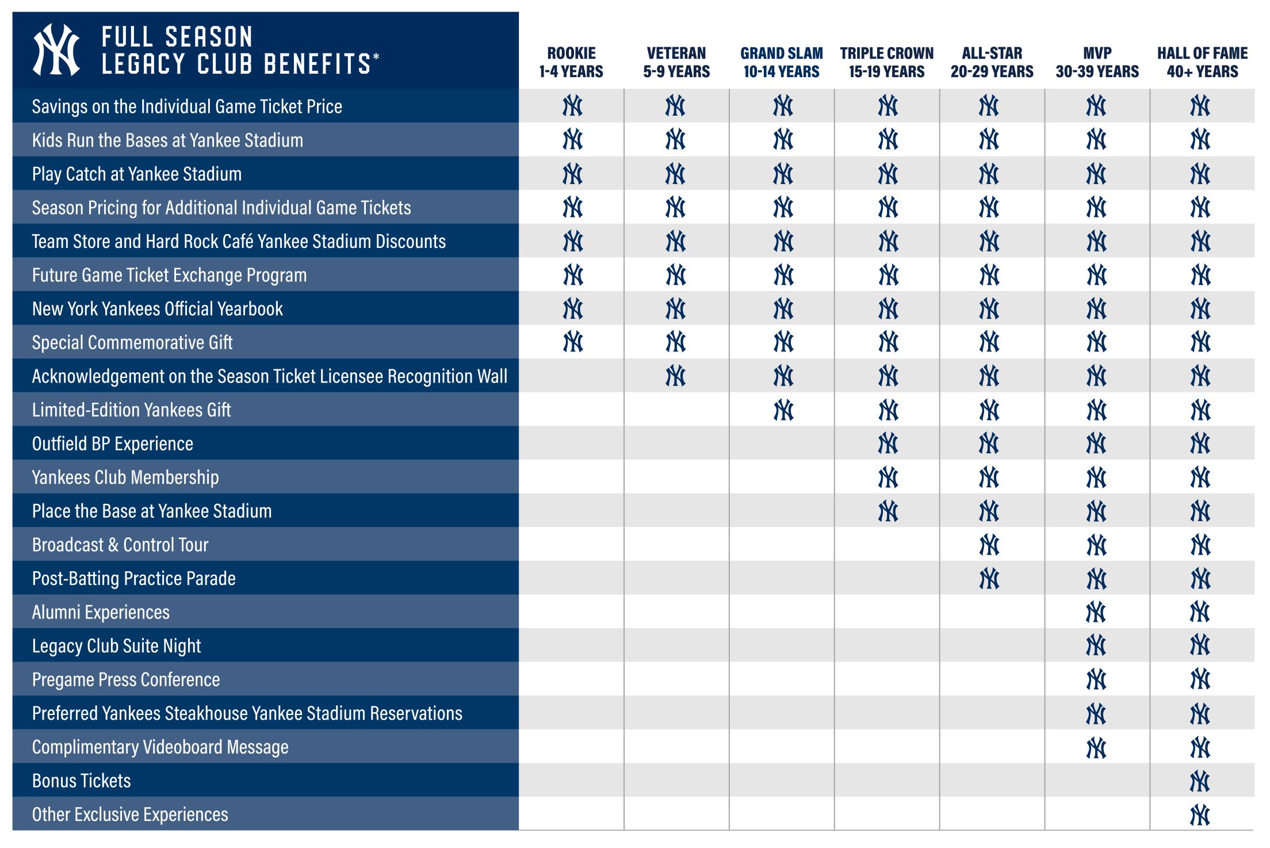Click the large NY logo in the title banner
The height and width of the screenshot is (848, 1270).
tap(56, 50)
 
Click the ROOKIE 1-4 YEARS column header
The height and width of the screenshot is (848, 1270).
tap(571, 62)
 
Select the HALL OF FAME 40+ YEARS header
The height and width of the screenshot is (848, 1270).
tap(1202, 62)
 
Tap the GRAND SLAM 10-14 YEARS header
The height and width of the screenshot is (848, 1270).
tap(781, 62)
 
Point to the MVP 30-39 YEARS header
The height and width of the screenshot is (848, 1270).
tap(1097, 62)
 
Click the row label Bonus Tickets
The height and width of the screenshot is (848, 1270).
tap(82, 781)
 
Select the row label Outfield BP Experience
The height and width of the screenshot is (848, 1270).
tap(113, 444)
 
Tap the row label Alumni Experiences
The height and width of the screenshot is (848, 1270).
tap(101, 612)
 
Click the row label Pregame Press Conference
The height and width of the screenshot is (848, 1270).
tap(126, 679)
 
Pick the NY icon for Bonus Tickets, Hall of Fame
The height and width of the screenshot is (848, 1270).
tap(1200, 781)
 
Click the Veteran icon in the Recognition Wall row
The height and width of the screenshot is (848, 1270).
tap(676, 376)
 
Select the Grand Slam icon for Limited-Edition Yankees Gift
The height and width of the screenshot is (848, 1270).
tap(783, 410)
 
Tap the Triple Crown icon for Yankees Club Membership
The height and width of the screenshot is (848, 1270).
tap(888, 478)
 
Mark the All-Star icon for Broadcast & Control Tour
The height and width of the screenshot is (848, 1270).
tap(989, 545)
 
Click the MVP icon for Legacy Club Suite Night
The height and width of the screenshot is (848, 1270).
tap(1096, 645)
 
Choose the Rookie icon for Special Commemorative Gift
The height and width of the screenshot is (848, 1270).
tap(573, 342)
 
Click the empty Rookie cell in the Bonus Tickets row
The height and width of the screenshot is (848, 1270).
tap(571, 781)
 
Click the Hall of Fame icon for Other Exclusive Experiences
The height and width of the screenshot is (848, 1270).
tap(1200, 815)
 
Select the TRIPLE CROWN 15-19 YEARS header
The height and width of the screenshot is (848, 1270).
tap(886, 62)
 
